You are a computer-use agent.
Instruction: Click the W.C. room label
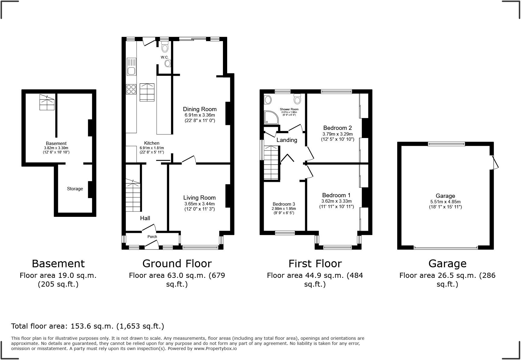pyautogui.click(x=165, y=57)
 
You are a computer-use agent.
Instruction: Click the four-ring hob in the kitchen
pyautogui.click(x=131, y=89)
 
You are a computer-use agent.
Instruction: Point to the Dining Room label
pyautogui.click(x=200, y=109)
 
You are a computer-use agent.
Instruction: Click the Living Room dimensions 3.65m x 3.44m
pyautogui.click(x=200, y=204)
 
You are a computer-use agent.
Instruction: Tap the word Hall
pyautogui.click(x=145, y=218)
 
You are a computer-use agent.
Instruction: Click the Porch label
pyautogui.click(x=152, y=237)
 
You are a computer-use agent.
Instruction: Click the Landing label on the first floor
pyautogui.click(x=287, y=140)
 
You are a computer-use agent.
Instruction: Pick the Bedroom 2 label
pyautogui.click(x=337, y=128)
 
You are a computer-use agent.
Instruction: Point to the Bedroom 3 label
pyautogui.click(x=284, y=204)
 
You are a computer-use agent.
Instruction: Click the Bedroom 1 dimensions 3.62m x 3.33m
pyautogui.click(x=337, y=201)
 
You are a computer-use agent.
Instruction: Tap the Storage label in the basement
pyautogui.click(x=75, y=189)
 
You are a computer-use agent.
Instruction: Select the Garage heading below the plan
pyautogui.click(x=447, y=264)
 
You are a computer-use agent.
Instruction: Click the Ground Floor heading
pyautogui.click(x=177, y=264)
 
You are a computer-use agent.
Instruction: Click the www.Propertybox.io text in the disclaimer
pyautogui.click(x=215, y=349)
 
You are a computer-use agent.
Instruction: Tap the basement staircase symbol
pyautogui.click(x=47, y=102)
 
